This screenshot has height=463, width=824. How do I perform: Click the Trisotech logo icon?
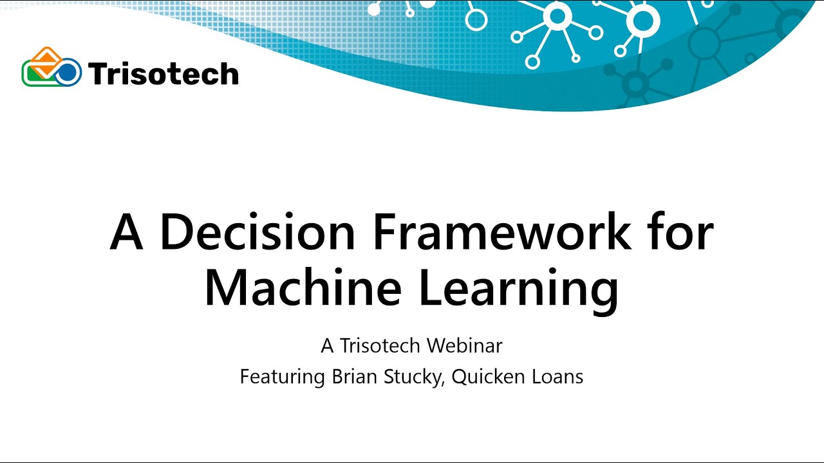click(51, 68)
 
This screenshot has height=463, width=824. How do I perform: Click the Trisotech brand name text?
click(164, 74)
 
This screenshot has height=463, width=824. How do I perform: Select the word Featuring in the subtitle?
click(282, 377)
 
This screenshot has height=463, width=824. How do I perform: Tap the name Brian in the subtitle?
click(355, 377)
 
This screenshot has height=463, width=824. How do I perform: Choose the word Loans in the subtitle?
click(558, 377)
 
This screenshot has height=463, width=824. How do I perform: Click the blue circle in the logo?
click(67, 73)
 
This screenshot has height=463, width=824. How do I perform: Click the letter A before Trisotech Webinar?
click(327, 346)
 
